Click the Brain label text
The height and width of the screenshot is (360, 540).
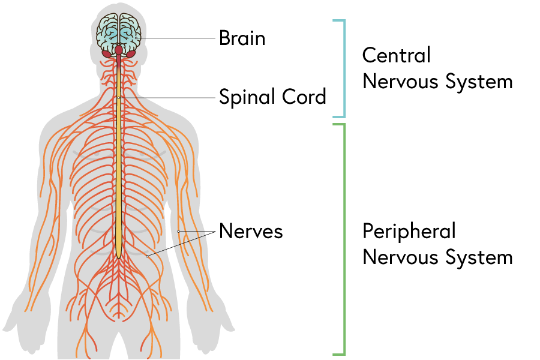pyautogui.click(x=242, y=38)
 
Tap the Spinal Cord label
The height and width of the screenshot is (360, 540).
pyautogui.click(x=272, y=97)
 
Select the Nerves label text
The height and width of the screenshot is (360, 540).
pyautogui.click(x=250, y=231)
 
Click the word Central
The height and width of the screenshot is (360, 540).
pyautogui.click(x=397, y=55)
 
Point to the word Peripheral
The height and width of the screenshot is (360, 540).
pyautogui.click(x=409, y=231)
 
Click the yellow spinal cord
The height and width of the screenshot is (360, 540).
pyautogui.click(x=119, y=180)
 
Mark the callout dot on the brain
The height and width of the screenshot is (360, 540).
pyautogui.click(x=136, y=38)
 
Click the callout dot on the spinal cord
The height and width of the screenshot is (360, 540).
pyautogui.click(x=119, y=97)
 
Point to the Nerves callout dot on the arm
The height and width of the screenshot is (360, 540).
pyautogui.click(x=178, y=231)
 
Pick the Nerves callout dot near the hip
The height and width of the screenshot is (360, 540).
pyautogui.click(x=148, y=256)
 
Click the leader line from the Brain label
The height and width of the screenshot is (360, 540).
pyautogui.click(x=177, y=38)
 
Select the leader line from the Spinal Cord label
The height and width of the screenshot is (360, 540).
pyautogui.click(x=168, y=97)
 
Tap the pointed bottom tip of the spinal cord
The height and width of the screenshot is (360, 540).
pyautogui.click(x=119, y=258)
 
